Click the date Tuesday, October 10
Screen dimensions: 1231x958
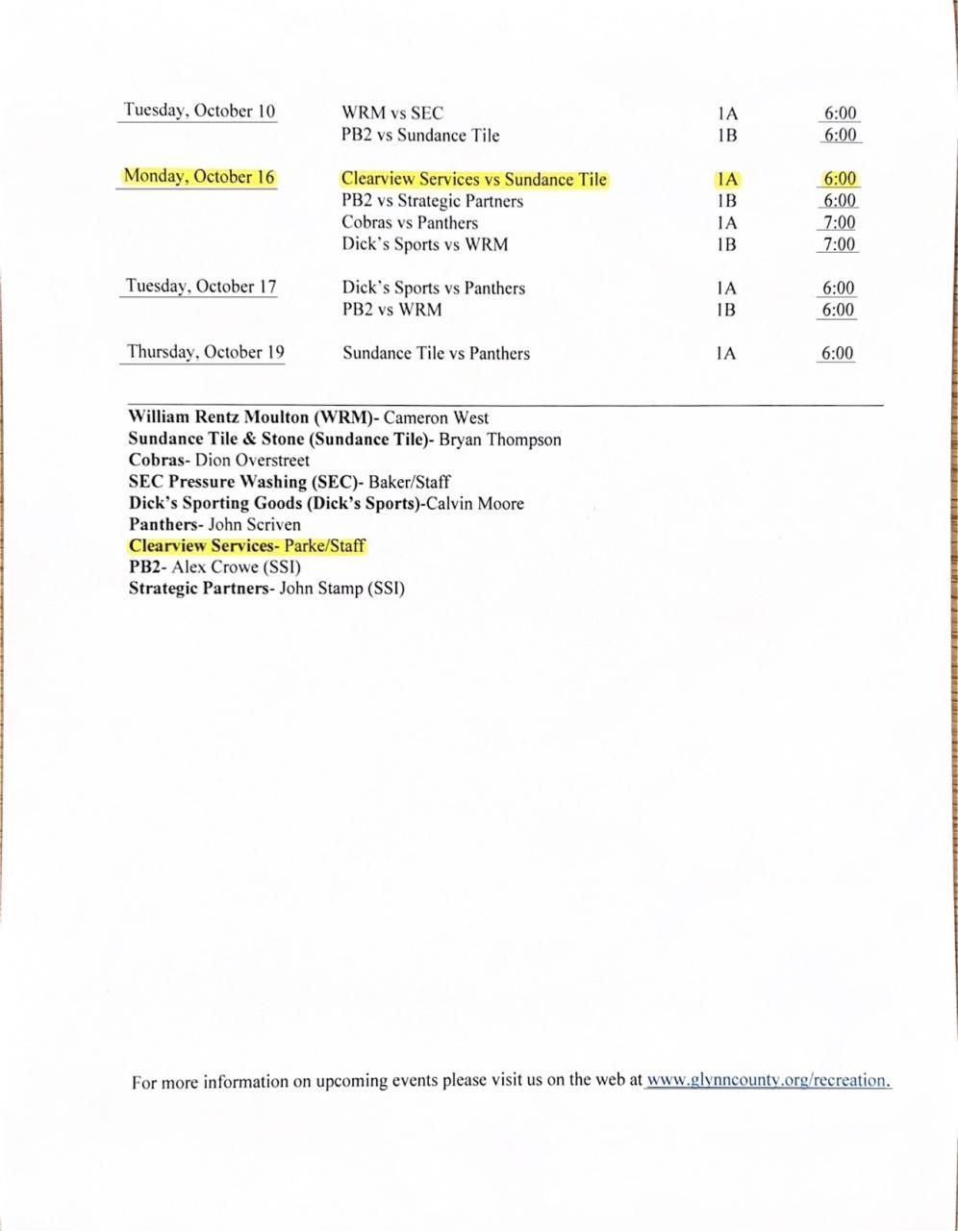click(x=199, y=111)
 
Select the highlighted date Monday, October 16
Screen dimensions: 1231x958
click(x=198, y=177)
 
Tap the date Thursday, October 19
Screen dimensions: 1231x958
click(x=206, y=352)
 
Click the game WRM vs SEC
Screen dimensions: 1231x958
click(x=392, y=113)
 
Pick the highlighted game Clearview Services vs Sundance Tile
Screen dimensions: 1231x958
click(x=474, y=179)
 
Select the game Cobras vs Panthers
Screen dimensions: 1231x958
click(x=409, y=222)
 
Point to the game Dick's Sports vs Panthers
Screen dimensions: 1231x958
click(x=433, y=288)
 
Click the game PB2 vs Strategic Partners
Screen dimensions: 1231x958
click(x=432, y=201)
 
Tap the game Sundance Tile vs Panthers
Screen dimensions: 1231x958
click(x=436, y=353)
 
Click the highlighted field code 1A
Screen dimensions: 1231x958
click(x=726, y=179)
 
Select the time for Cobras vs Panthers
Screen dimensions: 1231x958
click(x=839, y=223)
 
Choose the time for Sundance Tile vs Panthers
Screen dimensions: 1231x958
click(x=837, y=353)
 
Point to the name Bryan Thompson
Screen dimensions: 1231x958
click(x=499, y=440)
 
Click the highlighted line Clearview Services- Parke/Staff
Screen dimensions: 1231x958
click(x=247, y=546)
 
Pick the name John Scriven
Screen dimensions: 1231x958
click(x=254, y=525)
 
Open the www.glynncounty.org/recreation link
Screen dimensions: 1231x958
click(x=768, y=1080)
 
